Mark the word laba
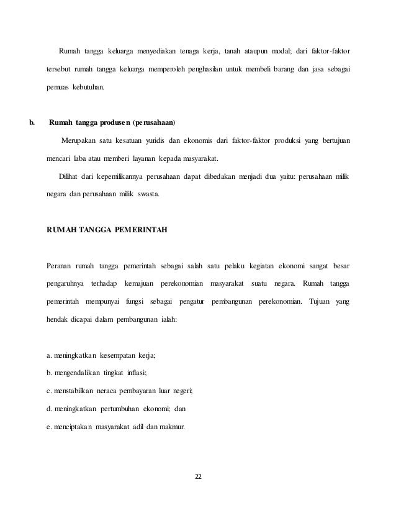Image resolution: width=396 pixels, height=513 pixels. point(82,158)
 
